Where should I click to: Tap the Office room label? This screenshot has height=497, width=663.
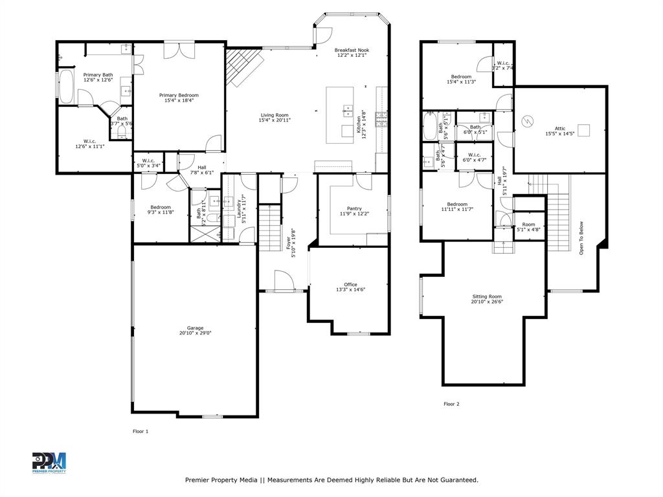350,287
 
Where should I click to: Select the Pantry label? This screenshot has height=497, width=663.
354,211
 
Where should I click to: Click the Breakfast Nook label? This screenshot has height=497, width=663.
352,52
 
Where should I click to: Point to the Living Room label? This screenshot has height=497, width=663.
275,117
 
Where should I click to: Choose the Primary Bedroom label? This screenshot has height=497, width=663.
179,98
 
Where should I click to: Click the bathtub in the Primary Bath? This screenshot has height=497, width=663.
66,87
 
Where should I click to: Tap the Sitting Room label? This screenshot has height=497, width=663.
487,298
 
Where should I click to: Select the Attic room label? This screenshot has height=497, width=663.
560,131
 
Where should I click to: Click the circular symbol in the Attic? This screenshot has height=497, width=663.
528,121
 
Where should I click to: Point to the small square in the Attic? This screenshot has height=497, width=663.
585,130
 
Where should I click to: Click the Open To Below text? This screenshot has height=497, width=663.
581,237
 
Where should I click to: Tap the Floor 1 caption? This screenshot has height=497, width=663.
140,431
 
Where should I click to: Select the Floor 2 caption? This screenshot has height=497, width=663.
451,404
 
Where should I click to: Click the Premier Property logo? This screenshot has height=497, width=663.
49,462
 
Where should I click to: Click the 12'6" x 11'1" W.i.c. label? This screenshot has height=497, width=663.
89,143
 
